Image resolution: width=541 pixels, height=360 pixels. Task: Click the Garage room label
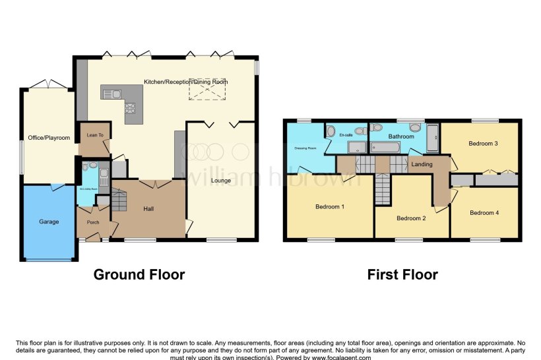48,222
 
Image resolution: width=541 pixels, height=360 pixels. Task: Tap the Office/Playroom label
48,138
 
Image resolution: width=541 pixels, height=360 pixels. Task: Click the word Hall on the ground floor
150,209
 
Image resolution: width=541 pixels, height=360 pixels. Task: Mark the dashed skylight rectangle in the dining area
208,89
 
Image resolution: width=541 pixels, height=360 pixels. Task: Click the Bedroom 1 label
329,207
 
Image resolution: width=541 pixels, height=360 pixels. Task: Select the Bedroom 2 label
411,218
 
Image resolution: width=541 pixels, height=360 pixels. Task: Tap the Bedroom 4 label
484,213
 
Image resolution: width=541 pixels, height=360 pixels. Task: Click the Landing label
422,164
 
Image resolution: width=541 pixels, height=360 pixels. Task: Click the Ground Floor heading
139,274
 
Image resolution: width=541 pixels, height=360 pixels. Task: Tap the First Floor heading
402,274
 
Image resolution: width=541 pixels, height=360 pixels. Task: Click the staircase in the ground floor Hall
119,199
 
